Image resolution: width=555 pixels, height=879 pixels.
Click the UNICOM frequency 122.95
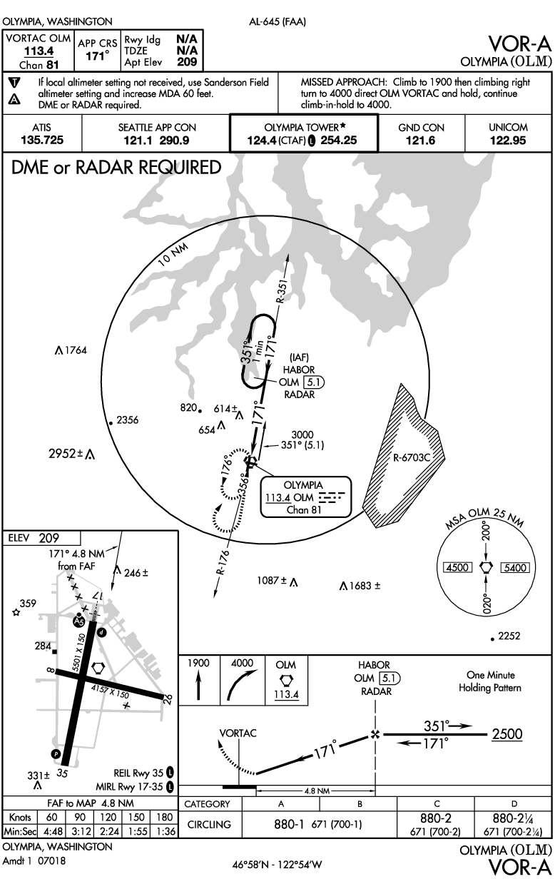click(508, 141)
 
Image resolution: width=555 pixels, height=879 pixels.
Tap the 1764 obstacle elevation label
click(74, 350)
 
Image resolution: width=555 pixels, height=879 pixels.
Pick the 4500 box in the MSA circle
click(454, 568)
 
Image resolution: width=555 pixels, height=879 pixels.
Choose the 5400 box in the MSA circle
click(514, 568)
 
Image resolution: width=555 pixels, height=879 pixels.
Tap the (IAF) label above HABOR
click(297, 357)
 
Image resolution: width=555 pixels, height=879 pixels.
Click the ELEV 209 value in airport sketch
click(49, 538)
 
